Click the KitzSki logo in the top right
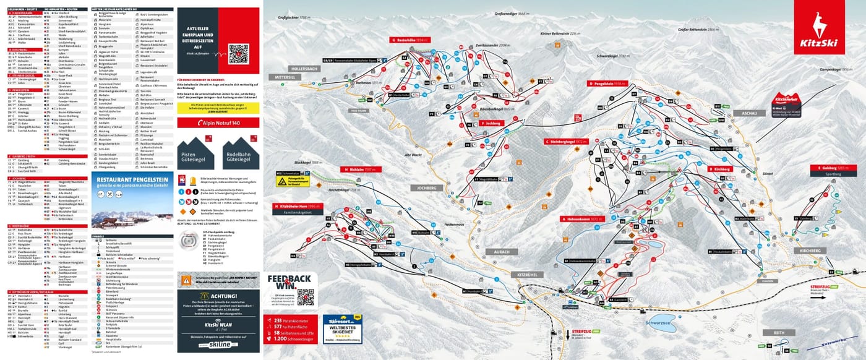click(x=826, y=25)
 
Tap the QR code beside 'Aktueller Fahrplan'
click(x=238, y=54)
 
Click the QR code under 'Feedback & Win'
click(x=306, y=298)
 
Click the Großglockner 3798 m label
click(x=293, y=18)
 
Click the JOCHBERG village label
click(x=427, y=187)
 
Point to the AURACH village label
click(x=502, y=252)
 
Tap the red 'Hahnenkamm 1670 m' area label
click(x=582, y=219)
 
